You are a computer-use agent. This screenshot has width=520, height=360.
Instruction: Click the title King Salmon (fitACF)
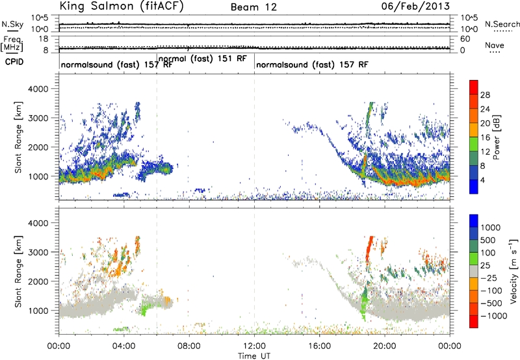coord(121,6)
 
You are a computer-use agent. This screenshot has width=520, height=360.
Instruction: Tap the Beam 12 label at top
coord(253,7)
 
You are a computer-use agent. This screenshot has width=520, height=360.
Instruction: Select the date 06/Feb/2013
coord(415,6)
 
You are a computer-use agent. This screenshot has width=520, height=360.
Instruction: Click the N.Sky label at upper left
coord(12,24)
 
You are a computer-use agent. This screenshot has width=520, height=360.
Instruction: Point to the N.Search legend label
coord(502,24)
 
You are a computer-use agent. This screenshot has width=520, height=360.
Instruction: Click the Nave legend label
coord(495,45)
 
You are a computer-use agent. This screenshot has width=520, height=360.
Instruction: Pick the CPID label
coord(14,62)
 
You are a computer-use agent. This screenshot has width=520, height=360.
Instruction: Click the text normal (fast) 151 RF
coord(203,58)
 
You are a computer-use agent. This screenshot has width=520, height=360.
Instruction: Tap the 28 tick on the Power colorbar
coord(485,95)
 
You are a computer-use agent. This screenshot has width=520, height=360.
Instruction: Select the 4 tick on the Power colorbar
coord(482,180)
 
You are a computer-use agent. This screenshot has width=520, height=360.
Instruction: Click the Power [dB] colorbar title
coord(497,137)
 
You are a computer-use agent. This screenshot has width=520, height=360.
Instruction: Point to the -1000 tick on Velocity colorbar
coord(493,316)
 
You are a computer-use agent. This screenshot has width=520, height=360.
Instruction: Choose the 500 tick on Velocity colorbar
coord(487,240)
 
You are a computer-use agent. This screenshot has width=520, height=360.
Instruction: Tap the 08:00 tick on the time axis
coord(189,346)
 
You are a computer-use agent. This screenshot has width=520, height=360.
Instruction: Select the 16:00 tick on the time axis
coord(319,346)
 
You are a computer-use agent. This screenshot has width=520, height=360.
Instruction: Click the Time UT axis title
coord(254,356)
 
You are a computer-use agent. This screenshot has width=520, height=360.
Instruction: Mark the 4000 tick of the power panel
coord(38,89)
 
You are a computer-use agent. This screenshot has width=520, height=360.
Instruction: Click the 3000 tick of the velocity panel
coord(38,252)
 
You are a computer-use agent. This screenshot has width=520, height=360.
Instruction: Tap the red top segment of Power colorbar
coord(474,87)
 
